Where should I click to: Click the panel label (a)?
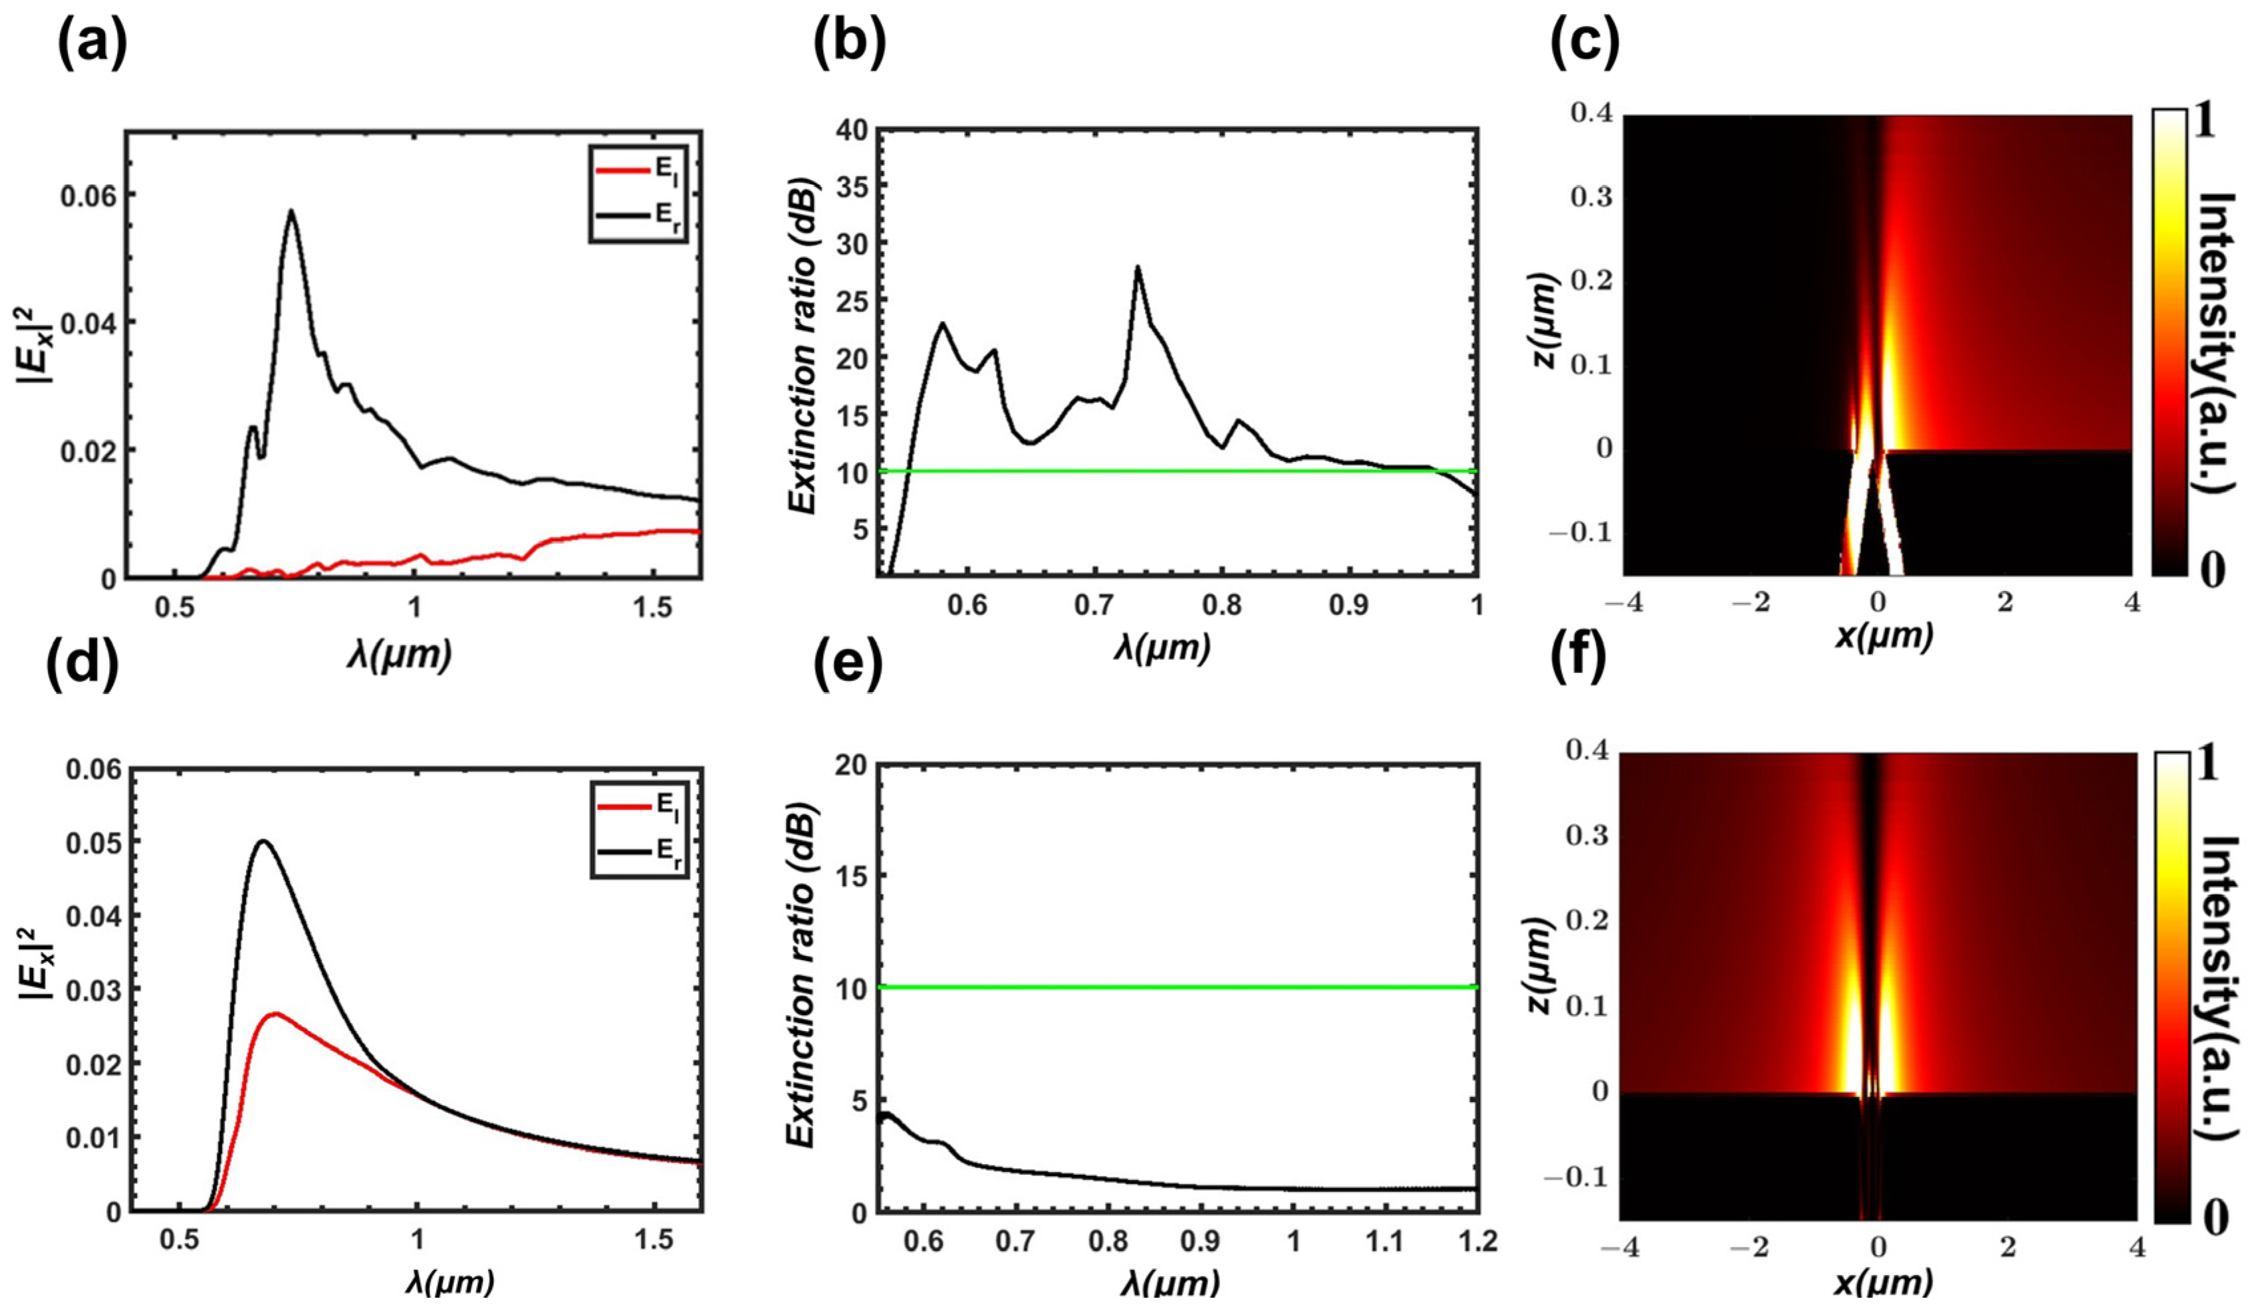(x=92, y=44)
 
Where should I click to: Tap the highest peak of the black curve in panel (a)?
(x=291, y=211)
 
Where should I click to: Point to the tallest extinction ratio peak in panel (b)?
(x=1137, y=267)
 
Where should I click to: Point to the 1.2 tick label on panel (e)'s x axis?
(x=1477, y=1242)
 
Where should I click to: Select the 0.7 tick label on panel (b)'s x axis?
(x=1094, y=606)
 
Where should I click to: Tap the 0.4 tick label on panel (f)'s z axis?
(x=1588, y=751)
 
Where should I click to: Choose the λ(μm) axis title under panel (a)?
(x=399, y=655)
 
